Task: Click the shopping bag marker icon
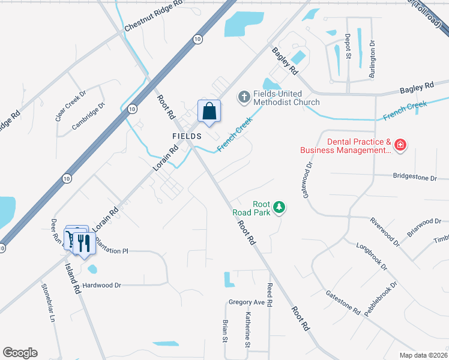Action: coord(209,112)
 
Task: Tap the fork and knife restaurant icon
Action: coord(83,243)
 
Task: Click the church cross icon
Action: coord(244,96)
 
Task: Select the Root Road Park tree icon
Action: coord(279,208)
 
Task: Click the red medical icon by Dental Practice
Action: coord(400,145)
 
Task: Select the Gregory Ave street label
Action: coord(247,302)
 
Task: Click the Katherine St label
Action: coord(247,329)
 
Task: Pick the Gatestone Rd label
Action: coord(343,303)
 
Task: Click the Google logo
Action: coord(20,353)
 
